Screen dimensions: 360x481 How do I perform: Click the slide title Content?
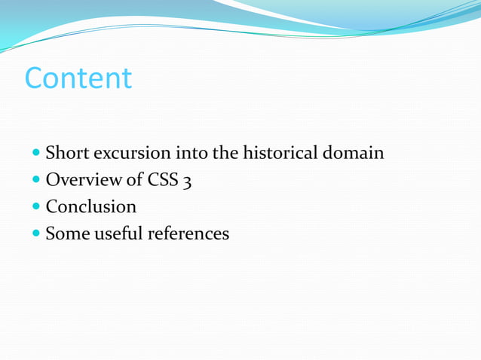(x=78, y=78)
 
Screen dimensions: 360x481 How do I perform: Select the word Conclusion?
(x=91, y=206)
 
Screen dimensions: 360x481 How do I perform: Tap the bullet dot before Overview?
(x=35, y=181)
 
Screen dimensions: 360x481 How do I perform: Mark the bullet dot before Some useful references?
(x=35, y=234)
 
